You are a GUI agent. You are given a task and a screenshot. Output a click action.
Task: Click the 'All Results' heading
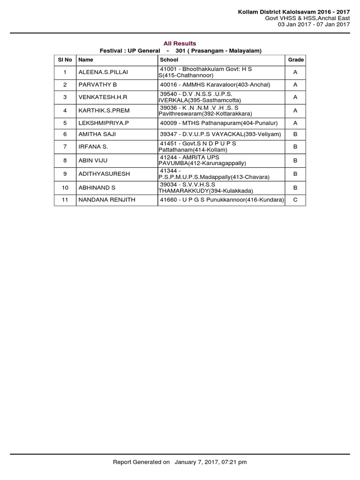[x=180, y=44]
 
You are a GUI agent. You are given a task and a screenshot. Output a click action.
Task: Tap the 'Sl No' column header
[x=65, y=60]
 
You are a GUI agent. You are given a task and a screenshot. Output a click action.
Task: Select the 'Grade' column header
[x=296, y=60]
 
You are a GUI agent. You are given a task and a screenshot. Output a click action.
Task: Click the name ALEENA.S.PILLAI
[x=103, y=73]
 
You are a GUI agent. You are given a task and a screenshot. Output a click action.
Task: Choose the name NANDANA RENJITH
[x=107, y=200]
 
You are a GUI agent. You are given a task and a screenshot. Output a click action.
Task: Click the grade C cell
[x=295, y=200]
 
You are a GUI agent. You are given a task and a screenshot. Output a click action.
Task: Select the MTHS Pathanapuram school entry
[x=219, y=123]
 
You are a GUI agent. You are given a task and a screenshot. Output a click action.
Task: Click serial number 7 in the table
[x=65, y=147]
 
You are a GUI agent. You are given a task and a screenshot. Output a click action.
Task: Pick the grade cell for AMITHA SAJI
[x=295, y=134]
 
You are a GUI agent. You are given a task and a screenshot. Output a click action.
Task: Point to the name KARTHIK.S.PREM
[x=104, y=111]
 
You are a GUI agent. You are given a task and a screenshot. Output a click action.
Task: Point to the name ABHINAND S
[x=97, y=187]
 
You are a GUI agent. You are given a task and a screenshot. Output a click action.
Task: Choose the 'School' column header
[x=169, y=60]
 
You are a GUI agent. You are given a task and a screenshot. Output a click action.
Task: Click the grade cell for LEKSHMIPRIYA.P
[x=295, y=123]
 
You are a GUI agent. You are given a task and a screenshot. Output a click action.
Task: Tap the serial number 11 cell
[x=65, y=200]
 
